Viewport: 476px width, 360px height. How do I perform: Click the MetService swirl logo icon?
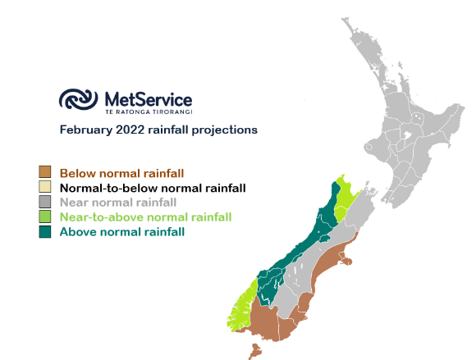point(78,99)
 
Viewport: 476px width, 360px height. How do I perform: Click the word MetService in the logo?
point(149,99)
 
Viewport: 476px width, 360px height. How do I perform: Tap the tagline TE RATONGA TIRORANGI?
point(149,112)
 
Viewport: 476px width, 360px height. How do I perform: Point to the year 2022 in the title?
point(130,130)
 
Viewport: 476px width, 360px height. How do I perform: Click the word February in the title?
point(86,130)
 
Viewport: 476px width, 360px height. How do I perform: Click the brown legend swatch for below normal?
point(45,171)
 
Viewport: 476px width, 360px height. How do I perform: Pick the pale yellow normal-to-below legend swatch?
point(45,186)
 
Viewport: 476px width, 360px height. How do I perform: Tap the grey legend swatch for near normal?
point(45,202)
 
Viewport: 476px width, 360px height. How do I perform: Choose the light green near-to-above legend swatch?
point(45,216)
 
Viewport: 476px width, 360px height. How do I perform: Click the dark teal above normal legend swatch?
point(45,232)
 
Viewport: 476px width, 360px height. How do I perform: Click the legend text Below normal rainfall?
point(122,174)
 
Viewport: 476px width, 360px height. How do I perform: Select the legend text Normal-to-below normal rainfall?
point(153,188)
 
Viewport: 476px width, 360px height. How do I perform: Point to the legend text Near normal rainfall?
point(118,203)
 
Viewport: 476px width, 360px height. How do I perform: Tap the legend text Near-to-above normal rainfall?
point(146,217)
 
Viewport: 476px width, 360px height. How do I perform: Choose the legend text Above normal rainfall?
point(122,232)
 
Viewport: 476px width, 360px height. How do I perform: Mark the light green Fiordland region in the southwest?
point(242,308)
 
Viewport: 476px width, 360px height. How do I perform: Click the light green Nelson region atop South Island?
point(344,197)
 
